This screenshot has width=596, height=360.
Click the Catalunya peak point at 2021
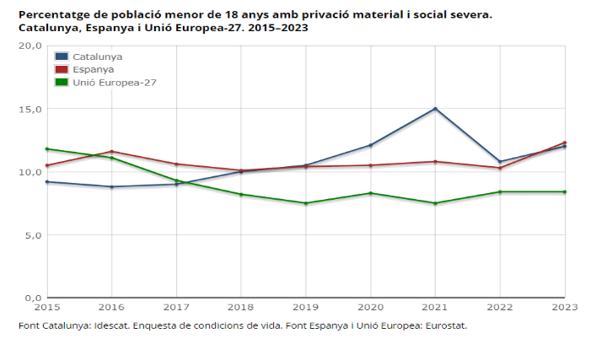[x=435, y=109]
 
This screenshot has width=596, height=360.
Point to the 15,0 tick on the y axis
[x=30, y=110]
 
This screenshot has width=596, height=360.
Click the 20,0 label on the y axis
[x=30, y=46]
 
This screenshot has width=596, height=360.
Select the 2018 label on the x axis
[x=241, y=308]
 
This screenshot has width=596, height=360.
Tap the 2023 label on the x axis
[x=565, y=308]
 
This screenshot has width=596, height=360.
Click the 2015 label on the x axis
[x=47, y=308]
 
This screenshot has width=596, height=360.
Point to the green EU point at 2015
[x=47, y=149]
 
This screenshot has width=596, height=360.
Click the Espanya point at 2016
[x=112, y=152]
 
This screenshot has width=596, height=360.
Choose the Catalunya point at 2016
[x=112, y=187]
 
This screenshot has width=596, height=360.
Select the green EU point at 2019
[x=306, y=203]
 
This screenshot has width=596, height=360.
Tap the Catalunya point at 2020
[x=371, y=145]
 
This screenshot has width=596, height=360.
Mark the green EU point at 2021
[x=435, y=203]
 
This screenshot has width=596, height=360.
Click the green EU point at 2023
[x=565, y=192]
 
